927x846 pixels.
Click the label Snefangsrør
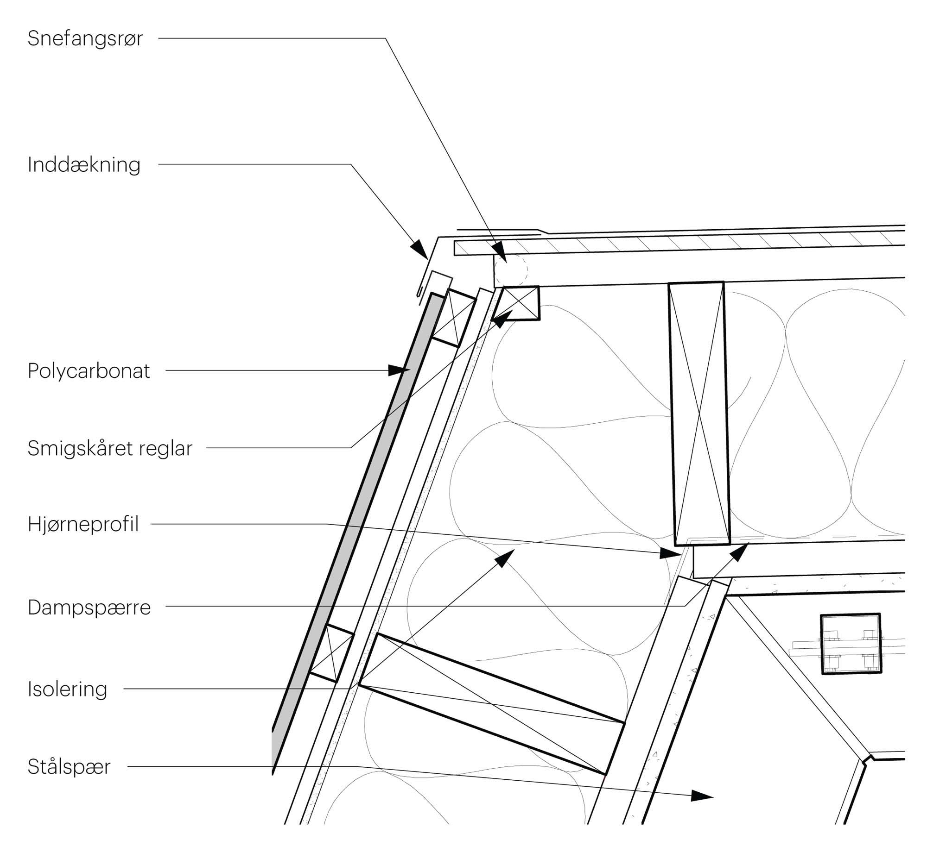click(85, 39)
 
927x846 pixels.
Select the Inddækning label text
click(84, 165)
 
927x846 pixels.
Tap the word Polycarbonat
click(89, 371)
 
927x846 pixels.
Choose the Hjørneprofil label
click(83, 525)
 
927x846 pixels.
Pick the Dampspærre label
click(89, 608)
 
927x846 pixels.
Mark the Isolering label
click(67, 689)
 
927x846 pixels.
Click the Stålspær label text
click(69, 767)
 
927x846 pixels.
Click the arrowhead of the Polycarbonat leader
click(399, 370)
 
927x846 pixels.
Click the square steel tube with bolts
click(851, 644)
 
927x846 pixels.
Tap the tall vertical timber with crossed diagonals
click(698, 413)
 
